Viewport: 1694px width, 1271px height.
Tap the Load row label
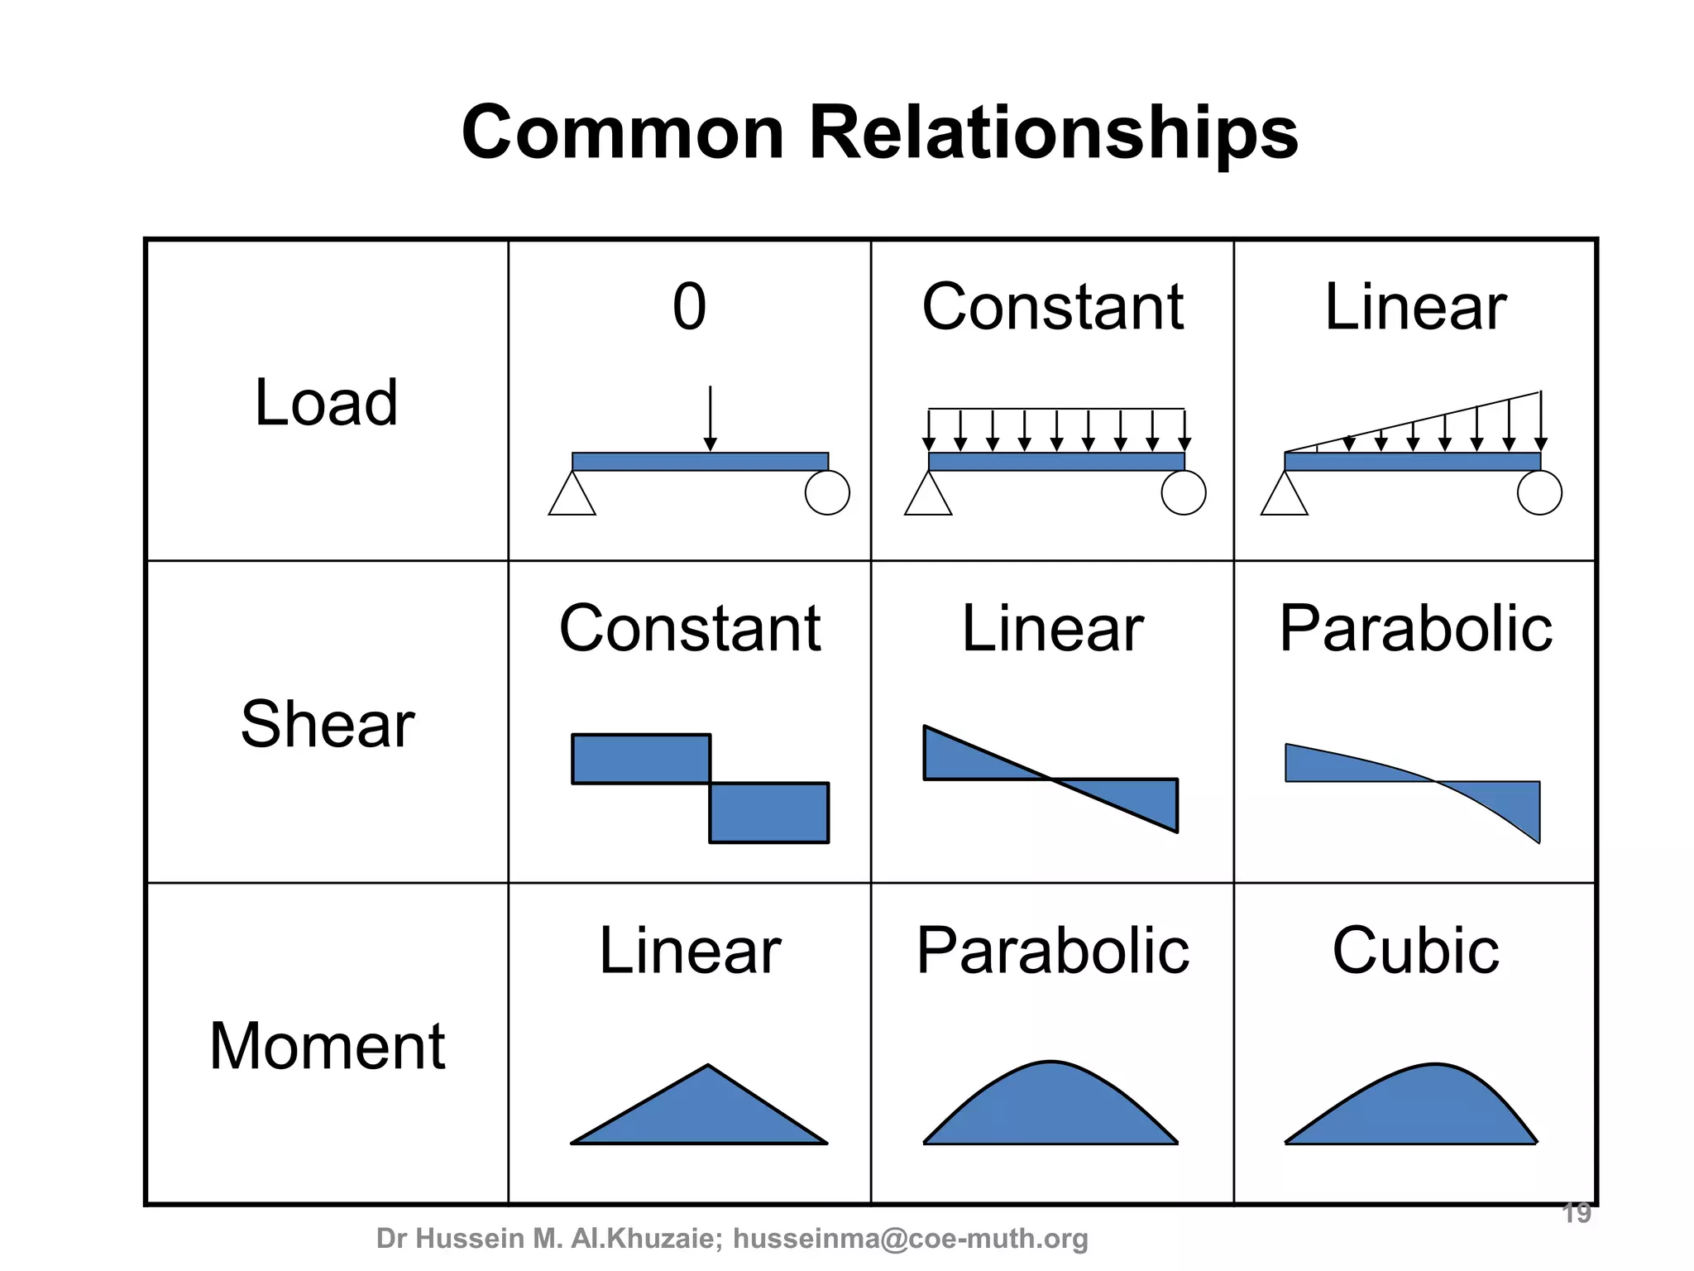pos(326,403)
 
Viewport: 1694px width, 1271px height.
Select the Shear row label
pos(328,724)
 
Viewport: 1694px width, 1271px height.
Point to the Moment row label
pos(328,1046)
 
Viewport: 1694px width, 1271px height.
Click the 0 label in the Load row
pos(689,307)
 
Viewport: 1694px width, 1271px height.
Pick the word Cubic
pos(1415,951)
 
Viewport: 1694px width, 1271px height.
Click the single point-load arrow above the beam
pos(710,418)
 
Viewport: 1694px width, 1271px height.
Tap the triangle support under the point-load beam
pos(572,496)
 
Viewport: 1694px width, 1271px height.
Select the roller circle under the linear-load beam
pos(1539,493)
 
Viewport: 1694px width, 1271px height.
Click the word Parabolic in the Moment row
pos(1052,951)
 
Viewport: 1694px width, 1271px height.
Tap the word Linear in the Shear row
pos(1052,629)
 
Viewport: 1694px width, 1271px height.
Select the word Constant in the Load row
pos(1052,307)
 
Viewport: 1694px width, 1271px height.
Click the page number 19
pos(1577,1213)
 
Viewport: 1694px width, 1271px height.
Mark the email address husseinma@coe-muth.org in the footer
pos(911,1239)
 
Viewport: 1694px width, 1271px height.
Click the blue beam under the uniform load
pos(1056,462)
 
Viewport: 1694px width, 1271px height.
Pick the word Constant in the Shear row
pos(690,629)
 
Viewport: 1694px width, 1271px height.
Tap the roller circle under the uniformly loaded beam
pos(1184,493)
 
